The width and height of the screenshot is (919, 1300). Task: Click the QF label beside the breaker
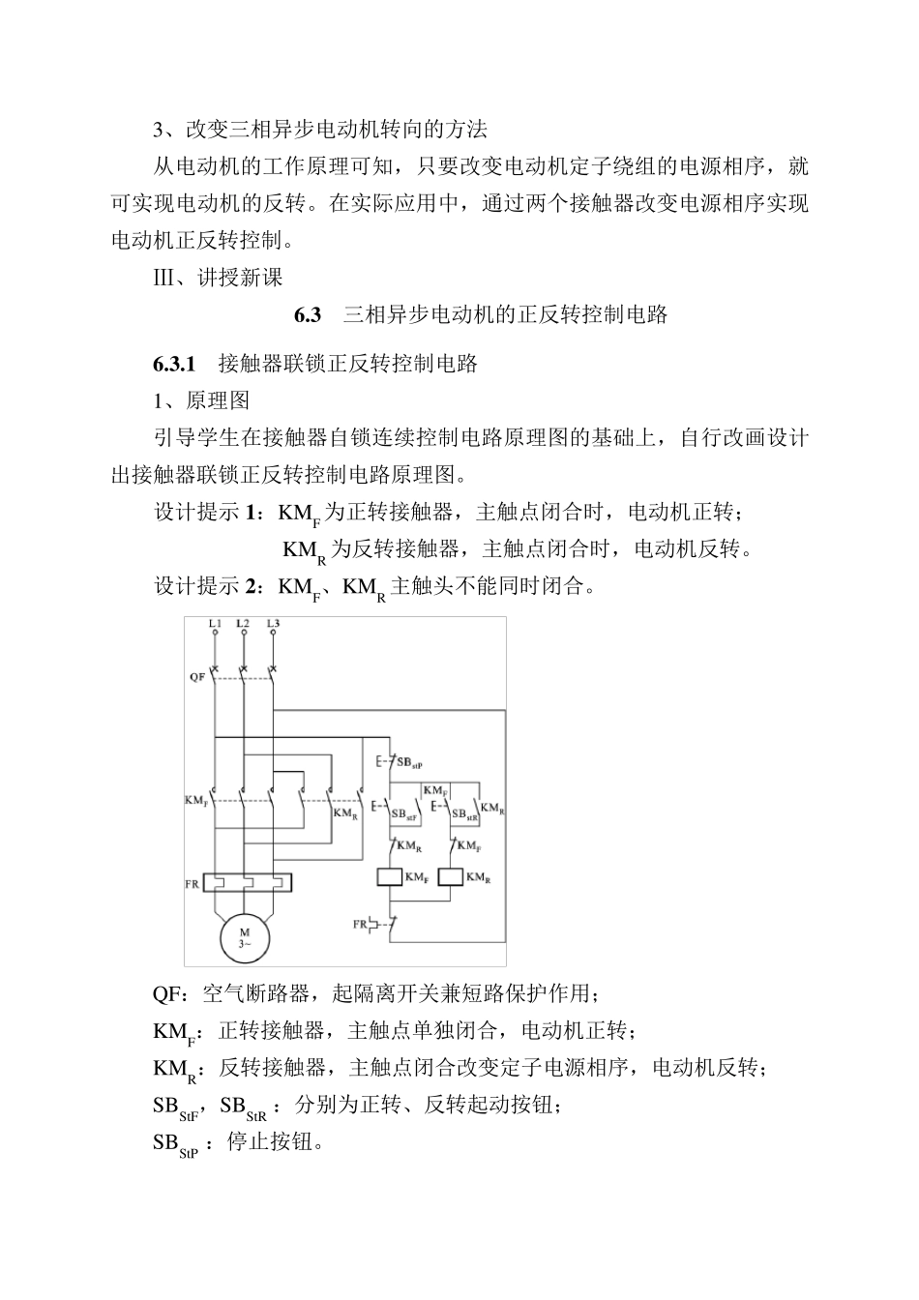[196, 676]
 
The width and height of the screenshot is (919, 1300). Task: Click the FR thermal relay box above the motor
[247, 882]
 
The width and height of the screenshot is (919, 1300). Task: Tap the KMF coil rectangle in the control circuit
[390, 877]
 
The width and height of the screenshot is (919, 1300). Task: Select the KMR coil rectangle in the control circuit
[452, 877]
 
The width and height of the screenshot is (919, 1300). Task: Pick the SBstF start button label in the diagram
[405, 815]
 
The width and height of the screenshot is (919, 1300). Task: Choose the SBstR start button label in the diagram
[465, 815]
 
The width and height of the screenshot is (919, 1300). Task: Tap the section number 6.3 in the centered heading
[307, 315]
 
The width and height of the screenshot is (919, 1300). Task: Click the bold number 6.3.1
[174, 365]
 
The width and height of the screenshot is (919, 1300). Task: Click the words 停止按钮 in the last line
[267, 1141]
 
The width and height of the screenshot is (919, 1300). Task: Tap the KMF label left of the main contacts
[196, 801]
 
